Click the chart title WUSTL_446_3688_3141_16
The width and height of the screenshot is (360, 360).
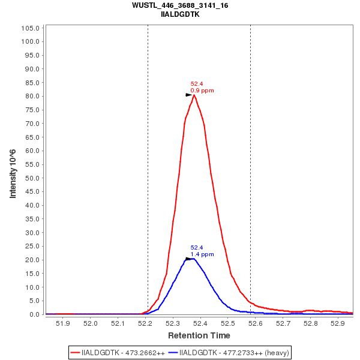click(x=180, y=5)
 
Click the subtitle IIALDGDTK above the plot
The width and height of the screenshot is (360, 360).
click(x=180, y=14)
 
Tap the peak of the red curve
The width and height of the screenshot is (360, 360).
click(x=194, y=95)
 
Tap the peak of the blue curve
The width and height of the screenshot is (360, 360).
click(x=193, y=259)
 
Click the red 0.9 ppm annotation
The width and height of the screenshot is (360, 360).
click(x=202, y=91)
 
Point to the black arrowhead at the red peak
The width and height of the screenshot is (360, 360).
click(x=188, y=95)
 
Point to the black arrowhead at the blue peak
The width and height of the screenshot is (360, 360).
click(x=188, y=259)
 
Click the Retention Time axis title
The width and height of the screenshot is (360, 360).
click(x=199, y=335)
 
